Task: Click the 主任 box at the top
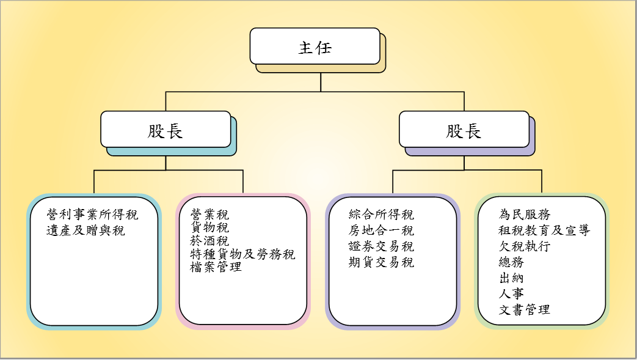[x=315, y=46]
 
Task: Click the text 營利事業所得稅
[x=93, y=215]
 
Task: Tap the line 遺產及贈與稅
[x=86, y=230]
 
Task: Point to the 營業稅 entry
[x=210, y=215]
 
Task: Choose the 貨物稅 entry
[x=210, y=228]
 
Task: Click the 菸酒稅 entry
[x=210, y=241]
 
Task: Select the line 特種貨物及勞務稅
[x=243, y=254]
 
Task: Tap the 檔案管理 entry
[x=216, y=267]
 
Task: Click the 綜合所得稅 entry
[x=382, y=215]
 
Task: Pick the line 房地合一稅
[x=382, y=230]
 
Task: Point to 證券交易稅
[x=382, y=246]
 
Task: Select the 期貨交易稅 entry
[x=382, y=262]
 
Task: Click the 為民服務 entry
[x=525, y=215]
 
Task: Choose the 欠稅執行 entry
[x=525, y=246]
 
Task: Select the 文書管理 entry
[x=525, y=310]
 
